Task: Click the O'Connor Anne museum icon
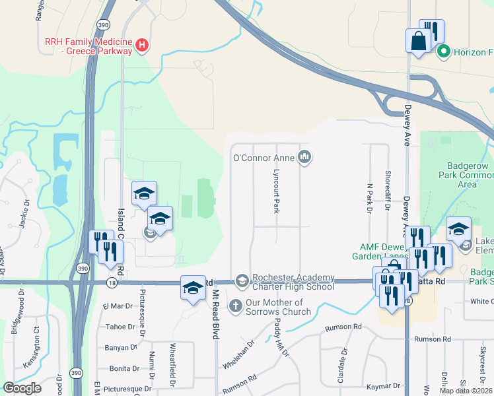point(304,156)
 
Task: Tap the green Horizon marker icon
point(444,51)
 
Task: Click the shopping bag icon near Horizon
point(418,41)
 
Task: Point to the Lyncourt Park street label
point(277,191)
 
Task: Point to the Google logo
point(22,388)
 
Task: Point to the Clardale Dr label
point(343,364)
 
